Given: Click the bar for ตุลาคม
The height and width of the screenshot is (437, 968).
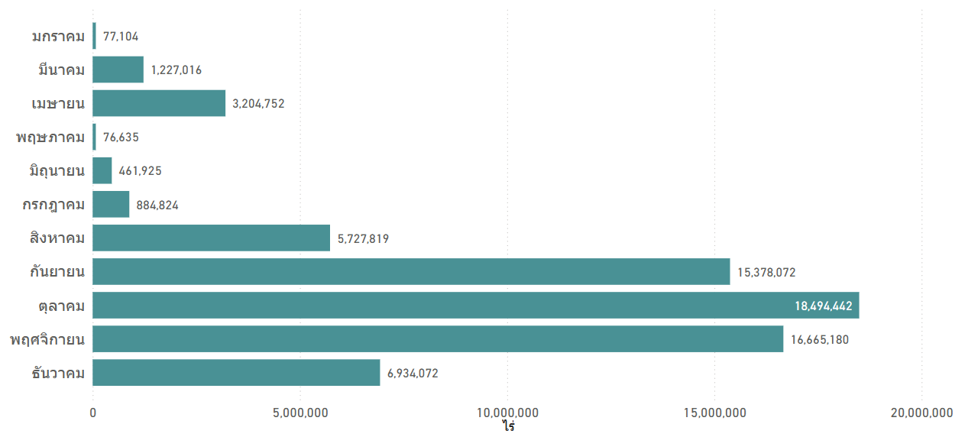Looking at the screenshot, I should point(475,305).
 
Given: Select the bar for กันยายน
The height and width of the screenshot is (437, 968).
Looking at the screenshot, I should point(411,271).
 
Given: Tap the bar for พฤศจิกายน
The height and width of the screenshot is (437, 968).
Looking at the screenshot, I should point(438,338).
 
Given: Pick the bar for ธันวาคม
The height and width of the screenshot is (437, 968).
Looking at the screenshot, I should point(236,372).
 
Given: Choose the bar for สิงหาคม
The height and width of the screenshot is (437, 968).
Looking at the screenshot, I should point(211,238).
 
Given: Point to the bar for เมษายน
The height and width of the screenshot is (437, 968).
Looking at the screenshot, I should point(159,103).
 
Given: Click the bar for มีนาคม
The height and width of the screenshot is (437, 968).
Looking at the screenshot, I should point(118,70).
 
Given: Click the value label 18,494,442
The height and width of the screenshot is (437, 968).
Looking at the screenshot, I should point(823,306).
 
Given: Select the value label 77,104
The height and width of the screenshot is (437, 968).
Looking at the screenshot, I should point(121,36).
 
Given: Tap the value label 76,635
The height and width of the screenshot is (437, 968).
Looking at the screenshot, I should point(121,138).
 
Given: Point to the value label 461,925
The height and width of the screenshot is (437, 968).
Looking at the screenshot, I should point(140,171).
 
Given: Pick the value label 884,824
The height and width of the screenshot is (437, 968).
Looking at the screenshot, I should point(157,205).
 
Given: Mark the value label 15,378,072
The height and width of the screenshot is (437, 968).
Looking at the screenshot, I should point(766,272).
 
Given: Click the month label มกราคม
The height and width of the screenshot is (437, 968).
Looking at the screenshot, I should point(58,36).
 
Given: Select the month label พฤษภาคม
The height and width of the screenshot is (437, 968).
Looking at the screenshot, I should point(50,138).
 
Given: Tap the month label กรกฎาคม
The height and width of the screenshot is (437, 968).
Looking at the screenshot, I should point(53,205).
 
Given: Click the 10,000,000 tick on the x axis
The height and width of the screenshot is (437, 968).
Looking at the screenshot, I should point(507,413).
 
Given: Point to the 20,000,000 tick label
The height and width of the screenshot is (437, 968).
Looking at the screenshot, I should point(921,413).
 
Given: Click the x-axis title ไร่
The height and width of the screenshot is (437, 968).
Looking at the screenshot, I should point(508,426).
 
